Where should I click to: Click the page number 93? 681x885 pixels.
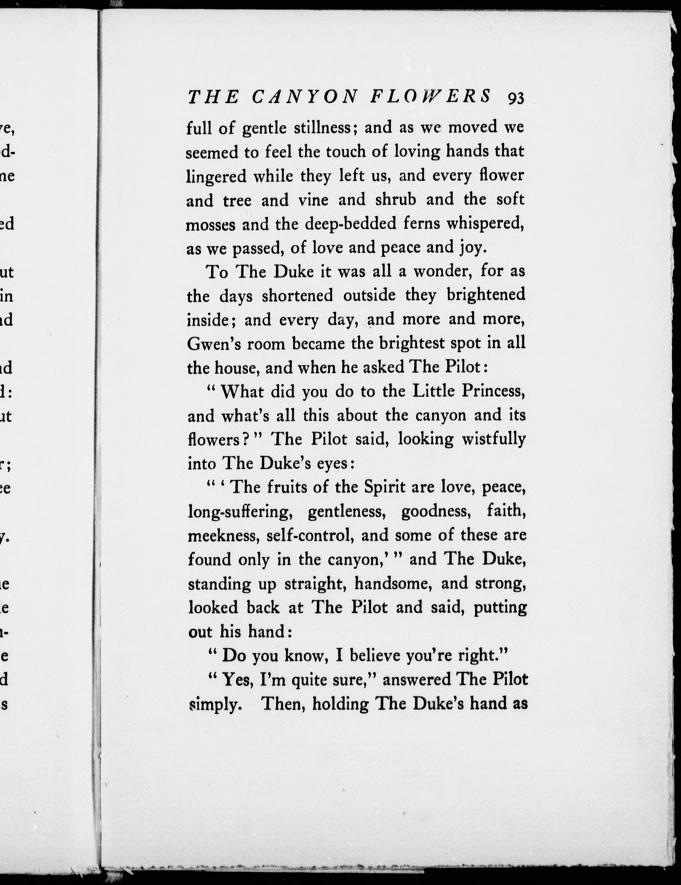[x=515, y=98]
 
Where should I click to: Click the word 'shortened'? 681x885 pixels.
[x=297, y=295]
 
